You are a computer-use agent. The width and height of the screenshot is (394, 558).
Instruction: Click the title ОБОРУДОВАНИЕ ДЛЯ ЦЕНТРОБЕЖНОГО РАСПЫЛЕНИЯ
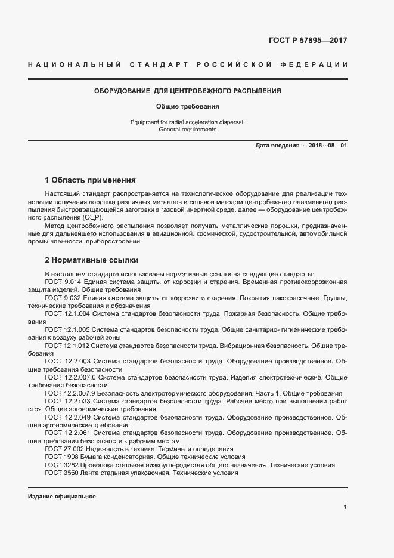pos(188,91)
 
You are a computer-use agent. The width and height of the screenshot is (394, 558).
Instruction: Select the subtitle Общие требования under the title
pos(188,107)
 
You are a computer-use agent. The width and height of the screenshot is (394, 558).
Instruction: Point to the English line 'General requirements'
pos(188,129)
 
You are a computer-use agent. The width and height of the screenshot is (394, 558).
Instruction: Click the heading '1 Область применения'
pos(91,180)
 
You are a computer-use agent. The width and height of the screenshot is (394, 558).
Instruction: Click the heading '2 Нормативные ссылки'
pos(92,260)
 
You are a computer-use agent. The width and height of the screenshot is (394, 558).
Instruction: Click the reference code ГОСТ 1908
pos(61,457)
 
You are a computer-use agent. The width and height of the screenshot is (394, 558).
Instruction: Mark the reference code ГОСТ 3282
pos(61,465)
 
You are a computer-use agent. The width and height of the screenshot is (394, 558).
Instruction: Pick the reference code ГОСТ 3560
pos(61,473)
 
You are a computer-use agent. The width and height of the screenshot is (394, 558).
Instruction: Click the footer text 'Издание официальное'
pos(62,496)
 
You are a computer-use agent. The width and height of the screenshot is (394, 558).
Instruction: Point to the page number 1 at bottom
pos(345,507)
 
